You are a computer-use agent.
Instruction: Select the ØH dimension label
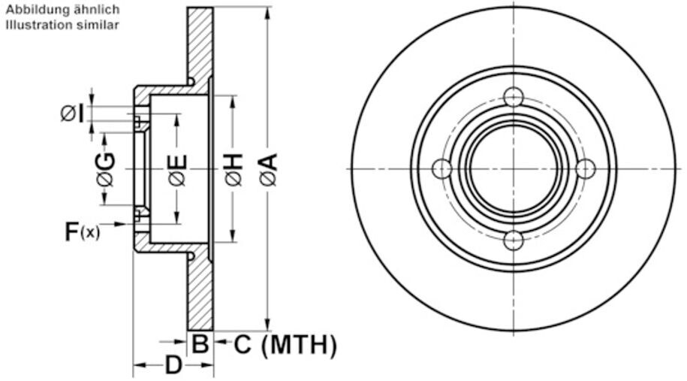click(x=234, y=170)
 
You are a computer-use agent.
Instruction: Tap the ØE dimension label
click(x=178, y=170)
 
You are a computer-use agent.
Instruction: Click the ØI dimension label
click(x=73, y=114)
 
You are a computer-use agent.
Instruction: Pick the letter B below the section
click(x=199, y=345)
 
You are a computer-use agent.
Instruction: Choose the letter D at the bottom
click(x=173, y=366)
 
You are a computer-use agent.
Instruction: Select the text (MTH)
click(x=298, y=345)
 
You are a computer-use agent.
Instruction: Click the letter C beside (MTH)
click(x=242, y=345)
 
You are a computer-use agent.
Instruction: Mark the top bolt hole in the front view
click(x=514, y=97)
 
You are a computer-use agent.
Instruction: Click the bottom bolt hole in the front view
click(x=514, y=240)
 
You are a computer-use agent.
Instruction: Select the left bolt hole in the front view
click(x=442, y=169)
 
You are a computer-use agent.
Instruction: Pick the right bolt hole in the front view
click(x=586, y=169)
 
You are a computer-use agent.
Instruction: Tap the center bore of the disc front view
click(x=514, y=169)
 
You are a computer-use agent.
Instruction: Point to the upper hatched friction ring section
click(x=200, y=41)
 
